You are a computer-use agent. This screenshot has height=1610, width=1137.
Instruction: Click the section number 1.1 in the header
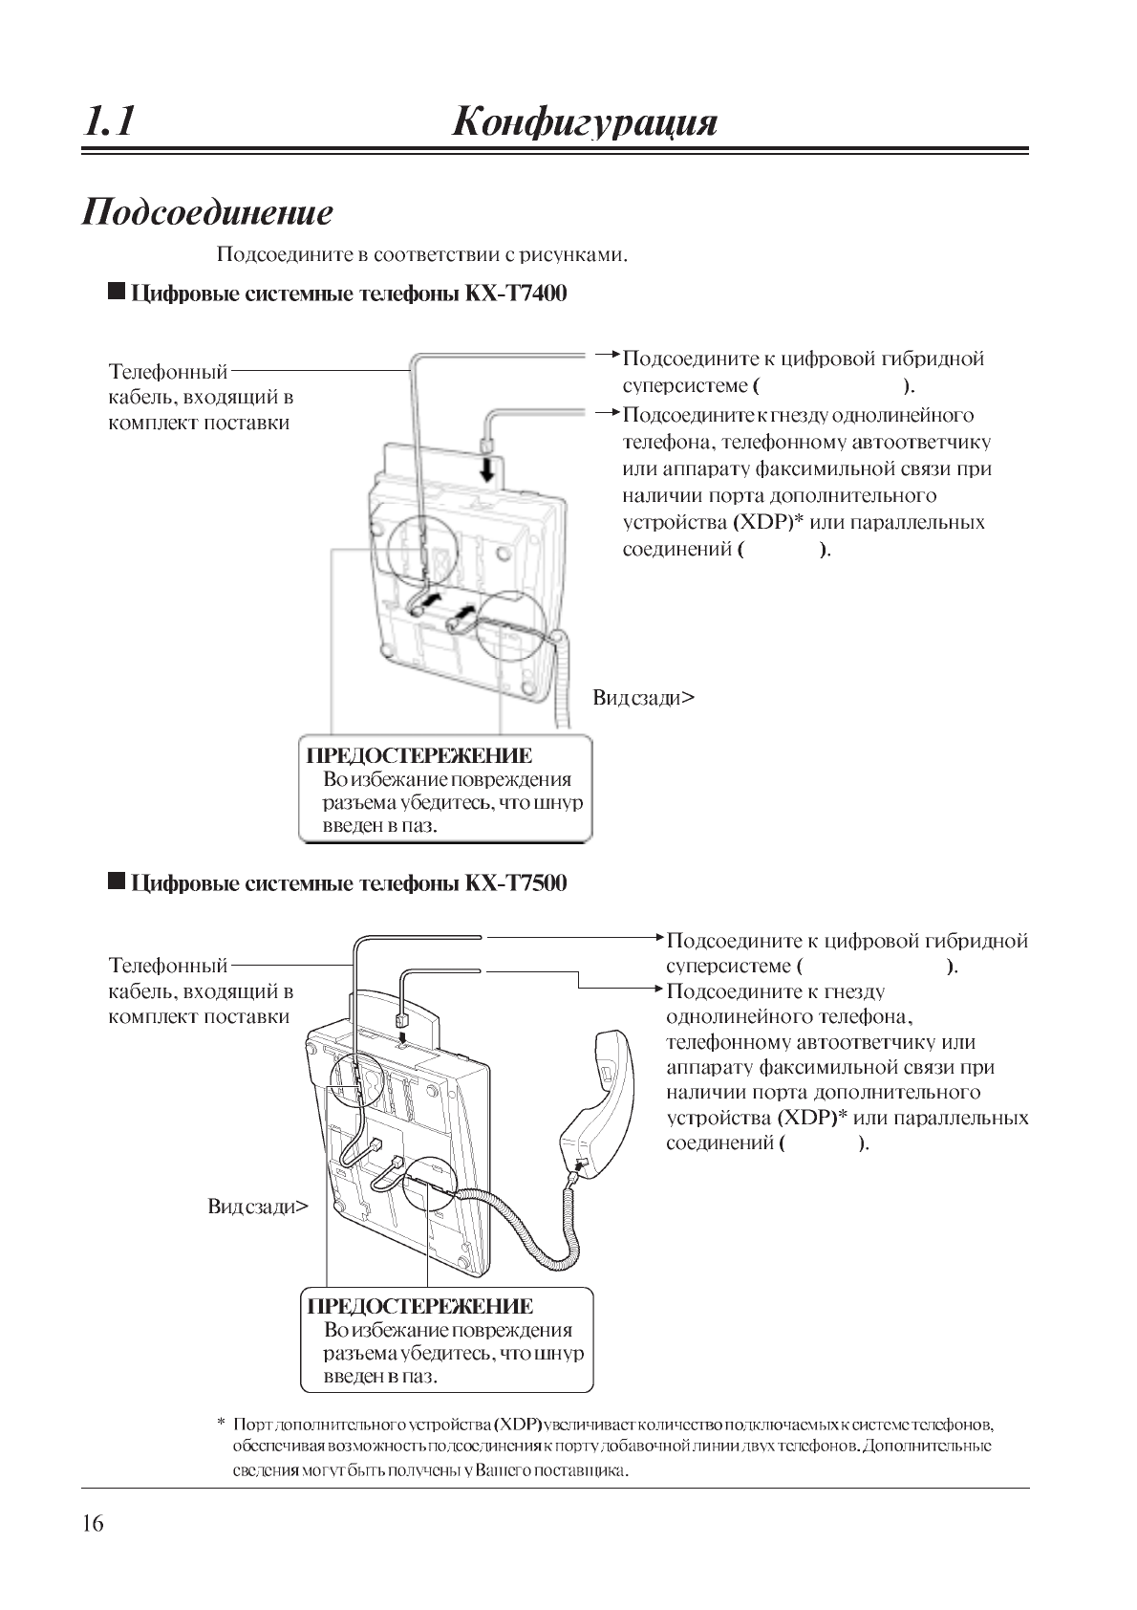tap(109, 122)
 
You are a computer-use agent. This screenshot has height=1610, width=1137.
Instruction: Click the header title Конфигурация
tap(584, 122)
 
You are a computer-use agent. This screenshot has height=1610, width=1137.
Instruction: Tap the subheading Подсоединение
tap(207, 211)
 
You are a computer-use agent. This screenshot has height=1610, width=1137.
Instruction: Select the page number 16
tap(93, 1523)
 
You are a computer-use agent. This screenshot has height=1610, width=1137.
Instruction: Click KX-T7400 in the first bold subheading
tap(516, 293)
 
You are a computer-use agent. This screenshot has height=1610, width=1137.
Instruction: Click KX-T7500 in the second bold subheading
tap(516, 882)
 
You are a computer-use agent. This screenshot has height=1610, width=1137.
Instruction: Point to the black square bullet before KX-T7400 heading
tap(117, 292)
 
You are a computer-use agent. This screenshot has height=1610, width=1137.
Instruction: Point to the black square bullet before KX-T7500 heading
tap(117, 881)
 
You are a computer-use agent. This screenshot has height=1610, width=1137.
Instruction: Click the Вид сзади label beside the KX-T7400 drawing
tap(643, 697)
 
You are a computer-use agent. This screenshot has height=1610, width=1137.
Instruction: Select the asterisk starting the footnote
tap(222, 1425)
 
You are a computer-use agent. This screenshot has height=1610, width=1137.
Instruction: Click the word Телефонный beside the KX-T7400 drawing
tap(168, 371)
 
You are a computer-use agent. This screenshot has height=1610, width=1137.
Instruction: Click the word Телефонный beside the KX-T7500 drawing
tap(168, 966)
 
